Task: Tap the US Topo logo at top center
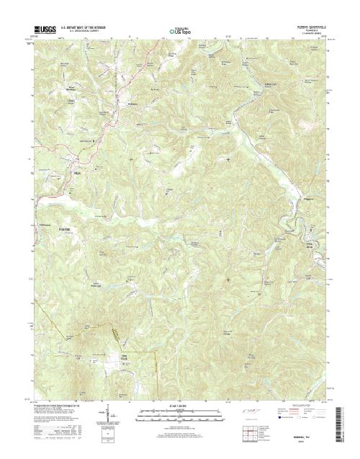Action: coord(179,31)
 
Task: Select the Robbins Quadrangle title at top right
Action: coord(310,27)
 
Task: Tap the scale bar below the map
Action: coord(179,414)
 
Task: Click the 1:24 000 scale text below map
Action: coord(179,407)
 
